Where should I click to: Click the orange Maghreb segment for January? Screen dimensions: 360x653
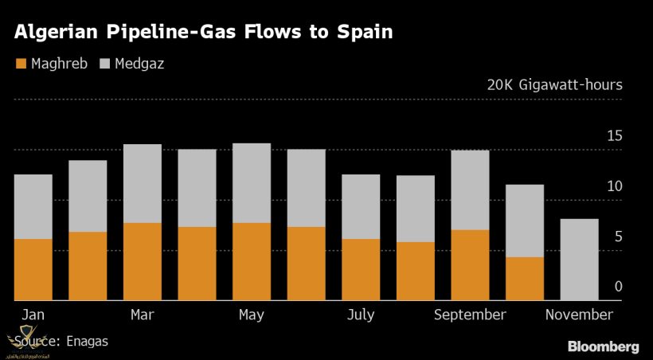(33, 269)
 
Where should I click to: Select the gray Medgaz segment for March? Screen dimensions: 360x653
(143, 183)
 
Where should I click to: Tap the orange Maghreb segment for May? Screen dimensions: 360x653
(252, 261)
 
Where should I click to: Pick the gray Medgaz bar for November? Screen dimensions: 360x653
(579, 260)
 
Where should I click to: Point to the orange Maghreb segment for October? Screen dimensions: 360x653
(525, 279)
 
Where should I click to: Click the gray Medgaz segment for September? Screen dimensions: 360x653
(470, 190)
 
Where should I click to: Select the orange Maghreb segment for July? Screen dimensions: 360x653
(361, 269)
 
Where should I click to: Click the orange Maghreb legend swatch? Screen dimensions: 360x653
(22, 63)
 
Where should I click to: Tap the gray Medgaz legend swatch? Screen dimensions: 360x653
(105, 63)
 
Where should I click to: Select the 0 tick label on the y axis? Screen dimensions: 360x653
(618, 287)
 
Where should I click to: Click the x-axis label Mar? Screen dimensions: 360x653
(142, 315)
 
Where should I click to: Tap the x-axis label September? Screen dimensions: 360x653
(470, 315)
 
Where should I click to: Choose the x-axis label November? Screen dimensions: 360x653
(579, 315)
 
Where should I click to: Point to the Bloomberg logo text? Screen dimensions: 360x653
(603, 346)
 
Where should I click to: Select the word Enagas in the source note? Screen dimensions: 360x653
(86, 342)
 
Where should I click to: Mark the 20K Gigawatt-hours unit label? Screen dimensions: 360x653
(554, 84)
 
